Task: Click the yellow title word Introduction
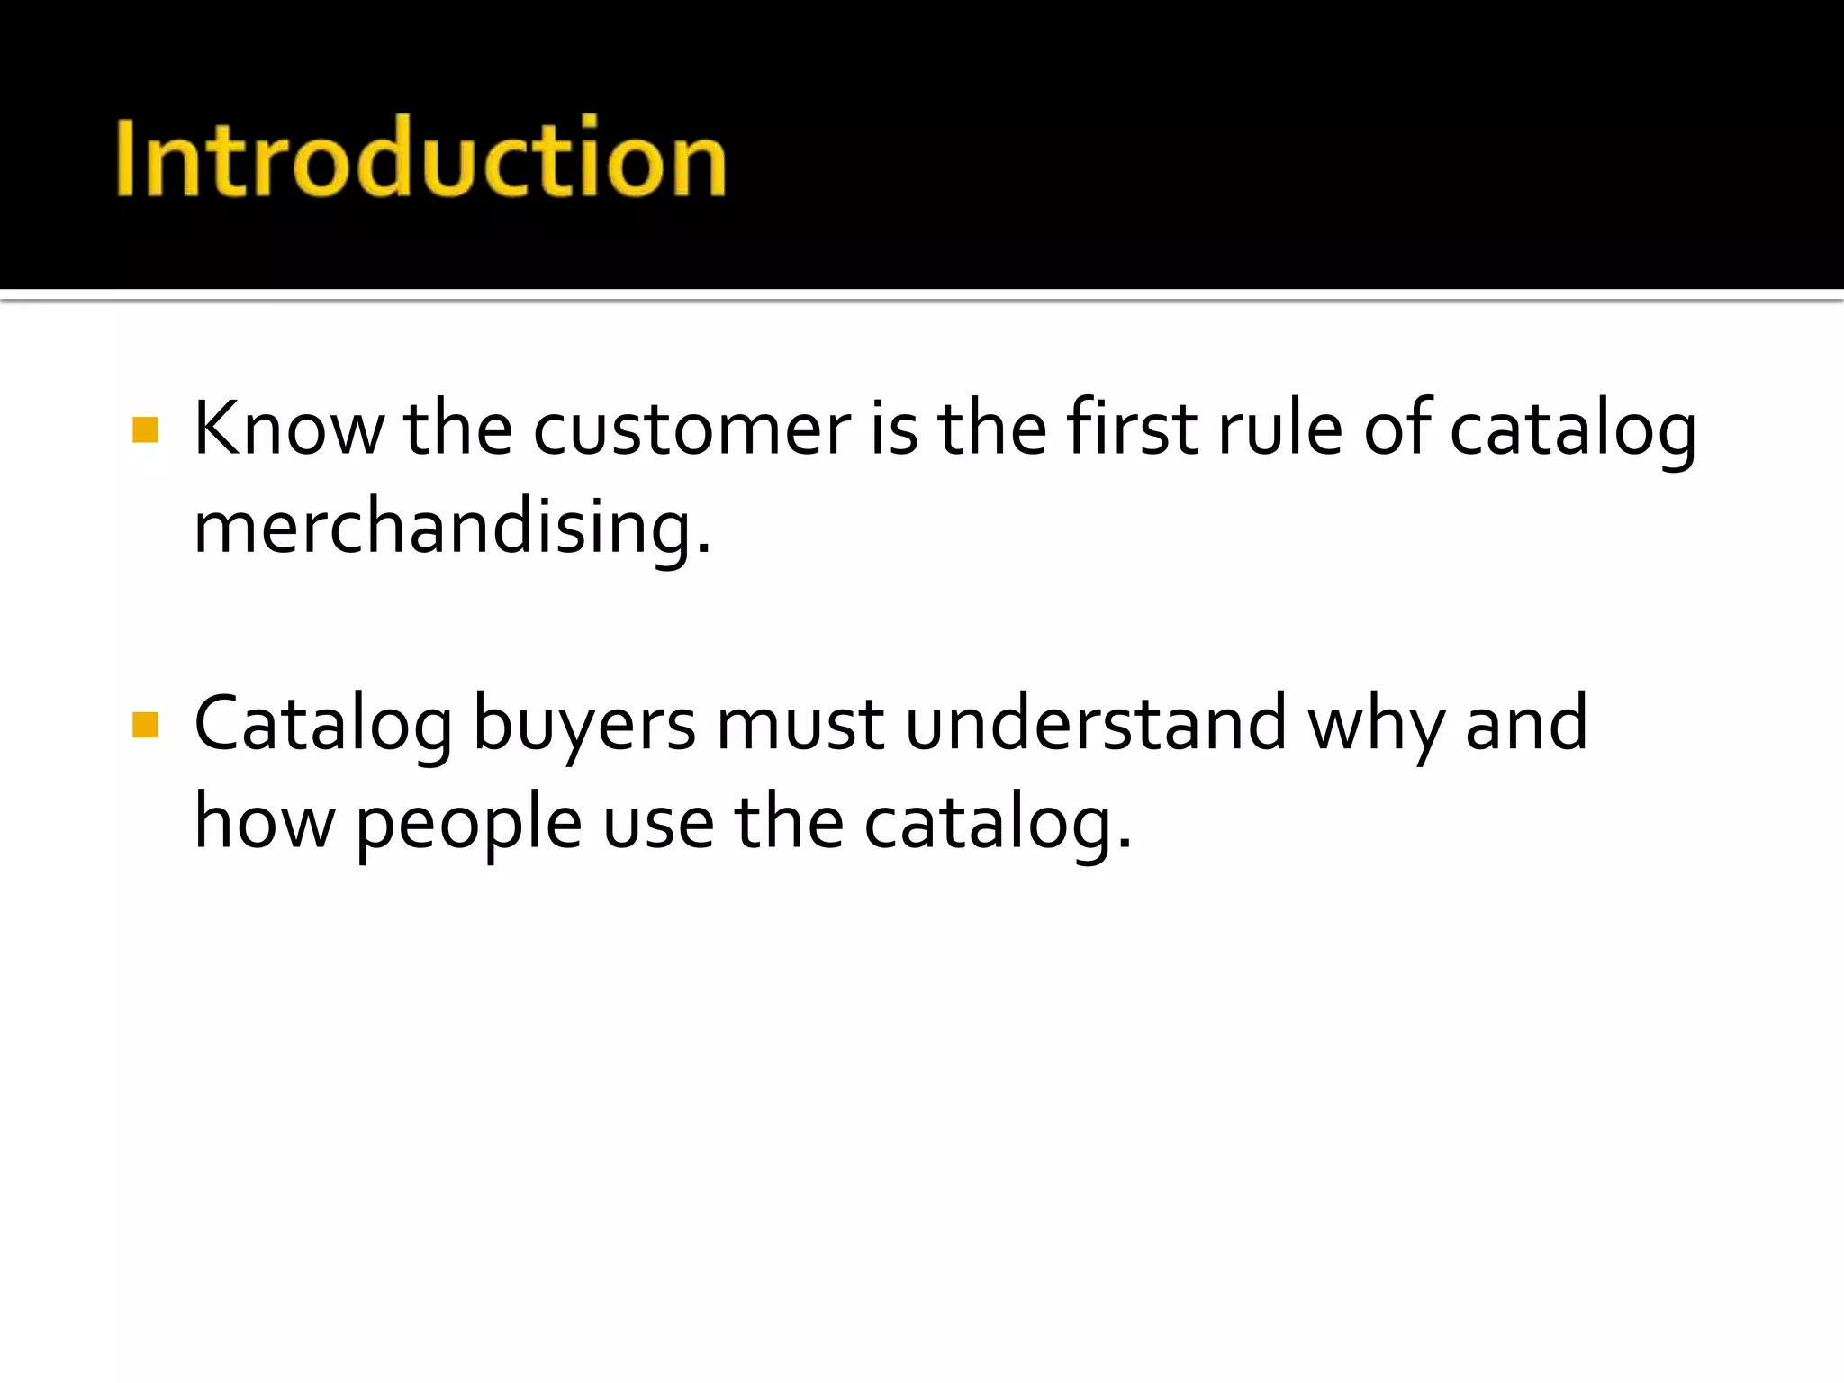(420, 158)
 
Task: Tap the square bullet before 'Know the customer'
(145, 429)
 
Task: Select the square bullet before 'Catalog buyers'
(145, 725)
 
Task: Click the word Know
(288, 429)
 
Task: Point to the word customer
(691, 429)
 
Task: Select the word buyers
(584, 726)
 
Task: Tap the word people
(468, 824)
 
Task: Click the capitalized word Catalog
(323, 726)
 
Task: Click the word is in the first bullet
(893, 429)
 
